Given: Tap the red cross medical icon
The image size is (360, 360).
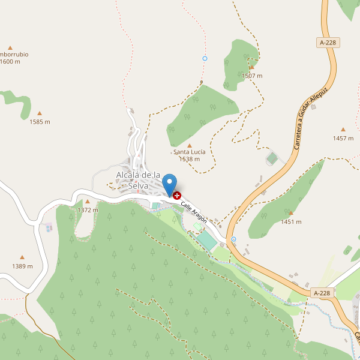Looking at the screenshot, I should coord(177,195).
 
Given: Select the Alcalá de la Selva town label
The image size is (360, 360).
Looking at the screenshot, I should coord(138,180).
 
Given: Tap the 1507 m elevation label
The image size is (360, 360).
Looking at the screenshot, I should coord(252,76).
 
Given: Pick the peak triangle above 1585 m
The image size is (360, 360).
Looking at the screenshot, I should coord(40,113).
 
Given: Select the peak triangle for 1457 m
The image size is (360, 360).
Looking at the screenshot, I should coord(343,129).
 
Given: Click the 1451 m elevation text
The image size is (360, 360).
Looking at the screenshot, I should coord(291,222).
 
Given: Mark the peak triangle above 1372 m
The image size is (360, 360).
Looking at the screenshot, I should coord(88,202).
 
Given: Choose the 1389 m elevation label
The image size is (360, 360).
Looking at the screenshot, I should coord(22,266).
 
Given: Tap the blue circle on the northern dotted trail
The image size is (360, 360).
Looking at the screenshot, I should coord(205,58).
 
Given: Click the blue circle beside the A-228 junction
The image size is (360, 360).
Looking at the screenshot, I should coord(233,239).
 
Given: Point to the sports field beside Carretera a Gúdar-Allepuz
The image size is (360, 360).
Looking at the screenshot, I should coord(272,158).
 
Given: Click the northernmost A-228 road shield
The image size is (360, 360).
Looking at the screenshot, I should coord(327,43).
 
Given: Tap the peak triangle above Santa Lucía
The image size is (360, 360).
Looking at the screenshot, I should coord(190,145).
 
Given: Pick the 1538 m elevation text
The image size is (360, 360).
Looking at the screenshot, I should coord(190,159).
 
